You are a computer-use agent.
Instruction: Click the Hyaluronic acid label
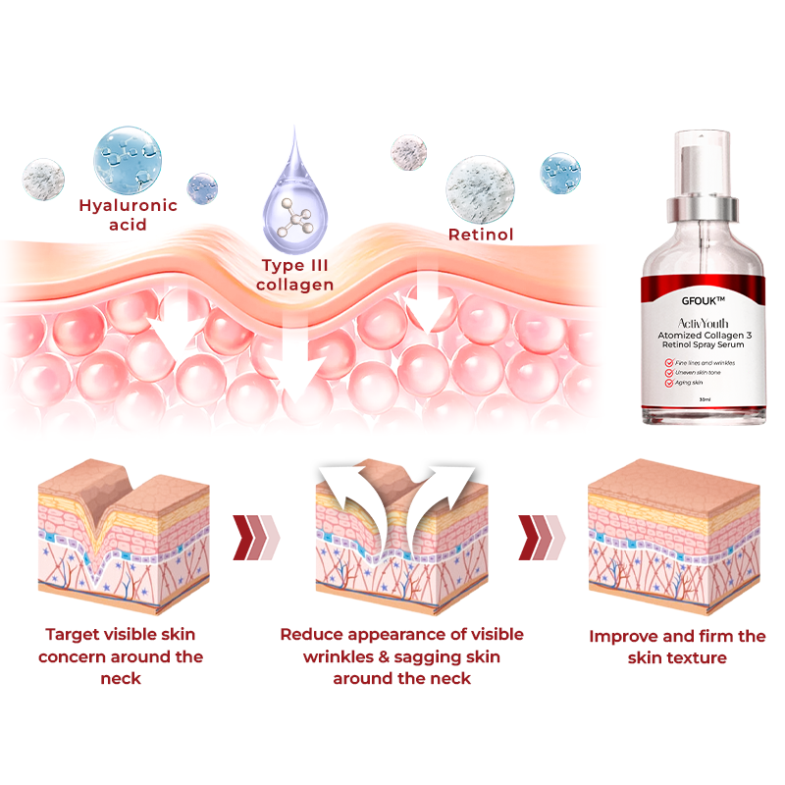point(129,215)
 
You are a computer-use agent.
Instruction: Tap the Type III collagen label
point(295,275)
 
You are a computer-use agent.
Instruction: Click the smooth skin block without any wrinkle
point(673,535)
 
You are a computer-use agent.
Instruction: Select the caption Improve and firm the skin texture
point(677,648)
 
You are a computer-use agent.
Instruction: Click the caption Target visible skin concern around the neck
point(121,657)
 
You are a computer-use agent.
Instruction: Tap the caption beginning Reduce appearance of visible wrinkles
point(401,656)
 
